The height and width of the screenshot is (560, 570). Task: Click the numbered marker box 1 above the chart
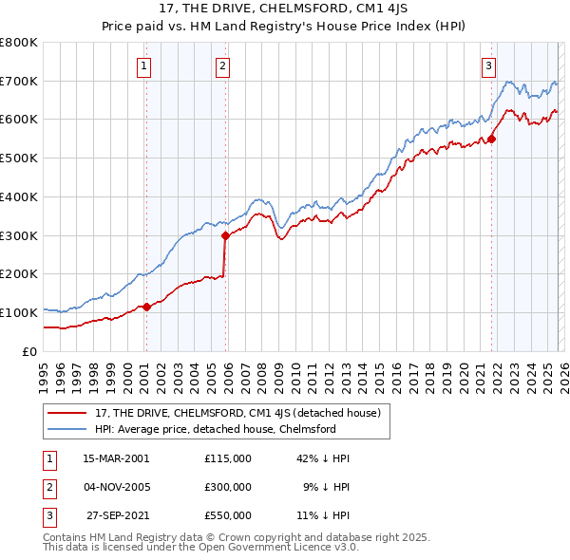[x=143, y=65]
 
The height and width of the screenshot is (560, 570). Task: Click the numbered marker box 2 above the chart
[x=222, y=65]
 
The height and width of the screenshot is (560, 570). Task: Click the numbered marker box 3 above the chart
[x=488, y=65]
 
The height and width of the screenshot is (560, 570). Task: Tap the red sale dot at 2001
[x=146, y=307]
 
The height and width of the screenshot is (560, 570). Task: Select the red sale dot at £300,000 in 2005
[x=225, y=235]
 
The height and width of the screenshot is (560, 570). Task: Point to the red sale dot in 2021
[x=492, y=139]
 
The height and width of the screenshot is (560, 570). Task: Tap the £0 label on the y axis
[x=30, y=351]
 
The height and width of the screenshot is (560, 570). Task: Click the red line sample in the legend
[x=67, y=413]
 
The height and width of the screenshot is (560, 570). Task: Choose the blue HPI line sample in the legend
[x=67, y=429]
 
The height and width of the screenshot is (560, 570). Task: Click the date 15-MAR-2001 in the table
[x=116, y=457]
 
